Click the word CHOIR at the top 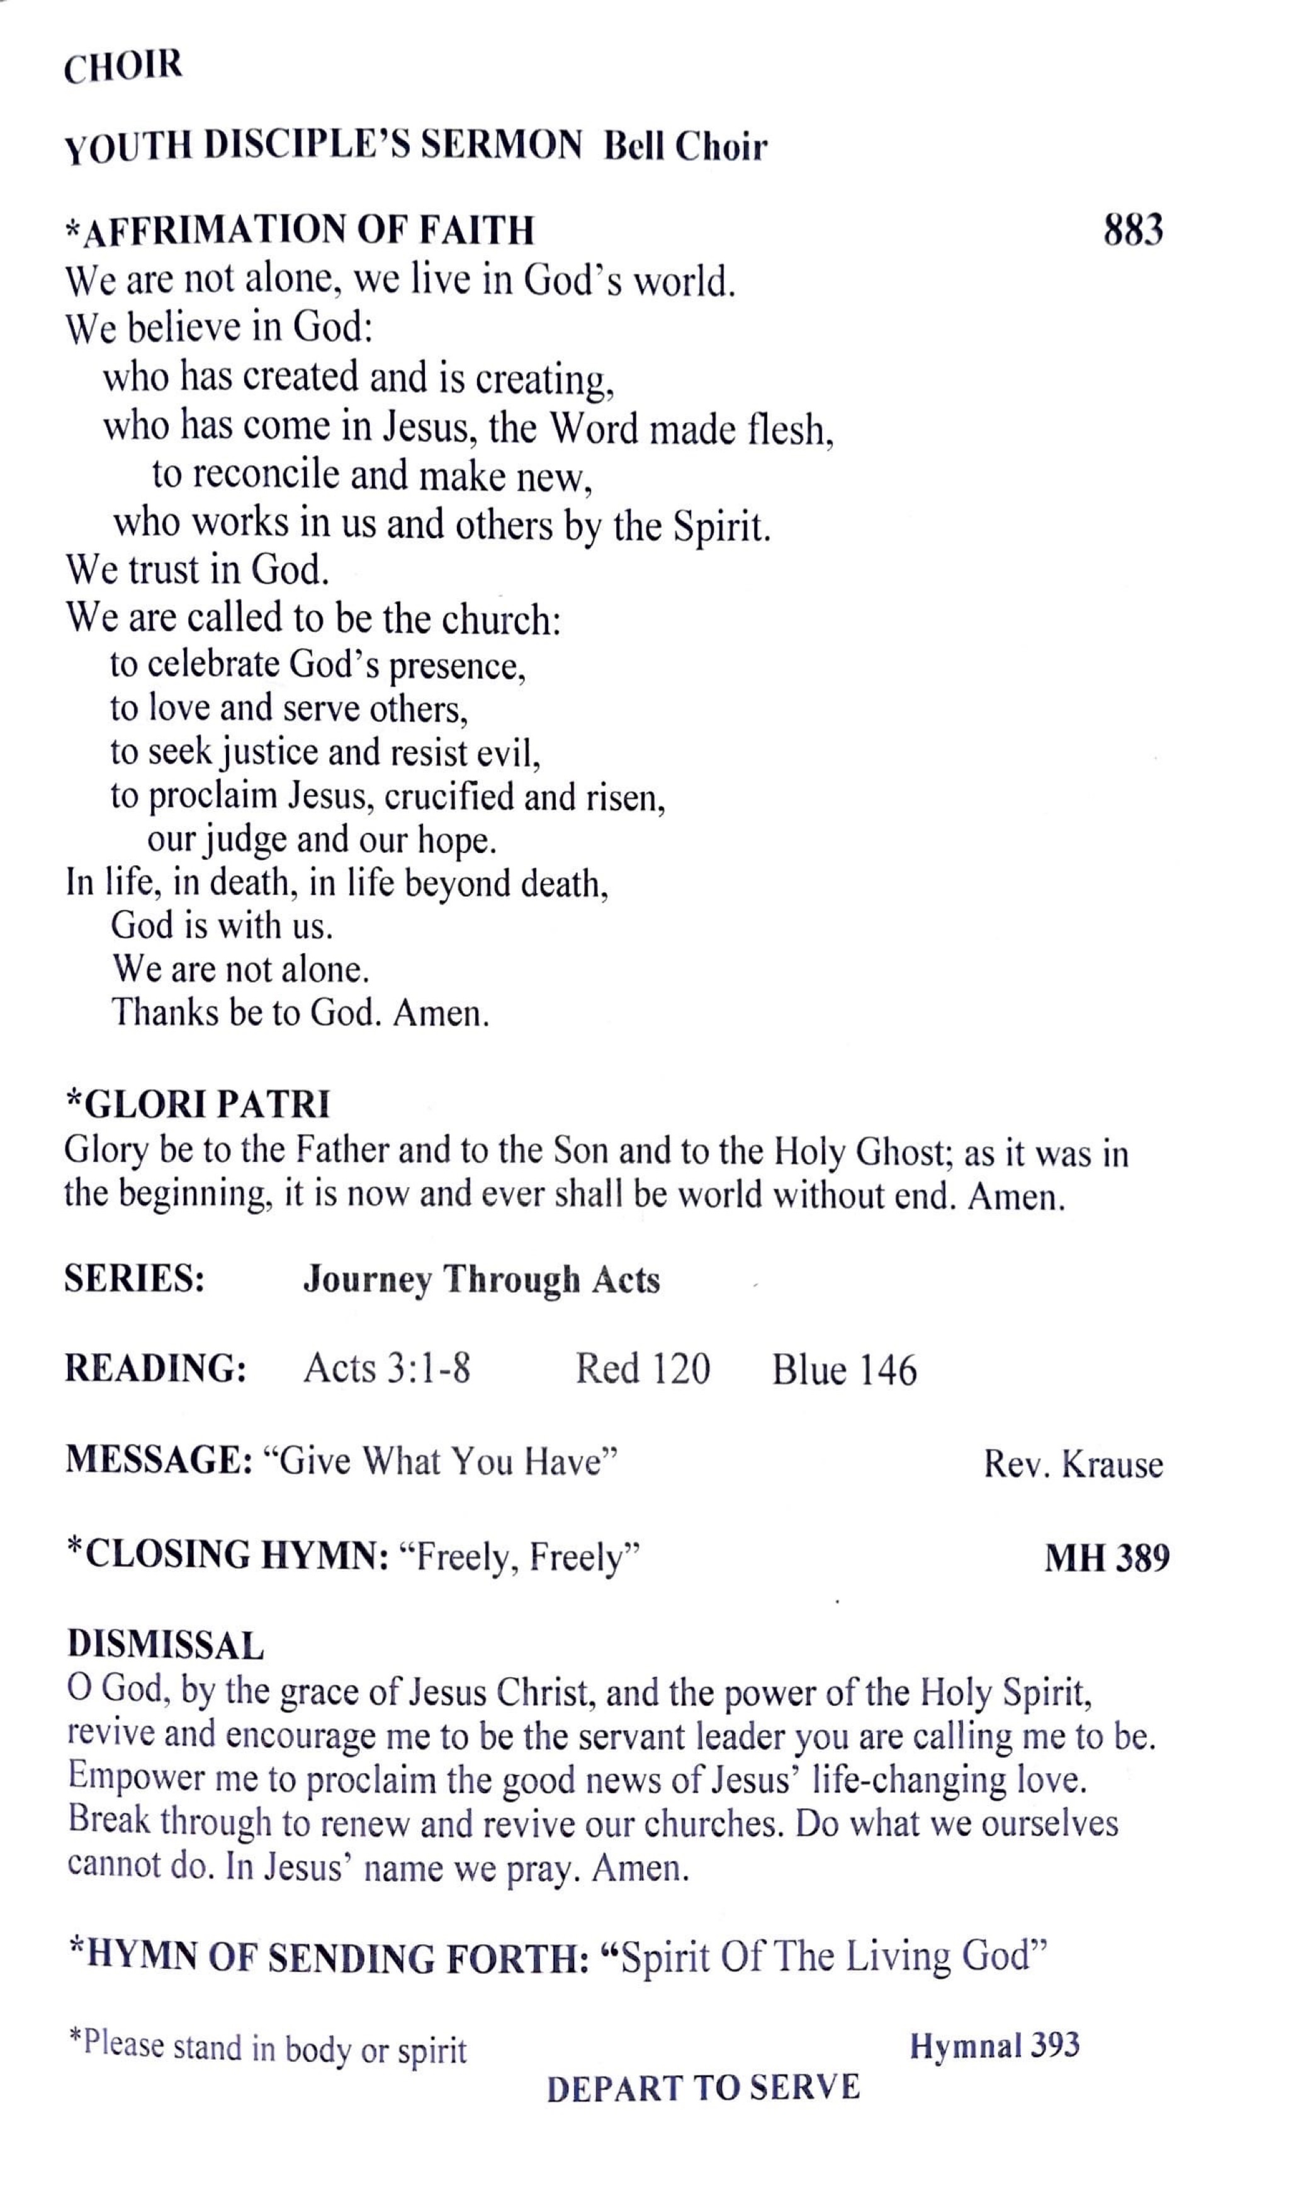pyautogui.click(x=123, y=67)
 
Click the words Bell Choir pyautogui.click(x=685, y=147)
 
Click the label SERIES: pyautogui.click(x=134, y=1280)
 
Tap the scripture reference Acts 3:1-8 pyautogui.click(x=386, y=1369)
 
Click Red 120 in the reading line pyautogui.click(x=643, y=1369)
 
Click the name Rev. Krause pyautogui.click(x=1073, y=1464)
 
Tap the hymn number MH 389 pyautogui.click(x=1107, y=1558)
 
